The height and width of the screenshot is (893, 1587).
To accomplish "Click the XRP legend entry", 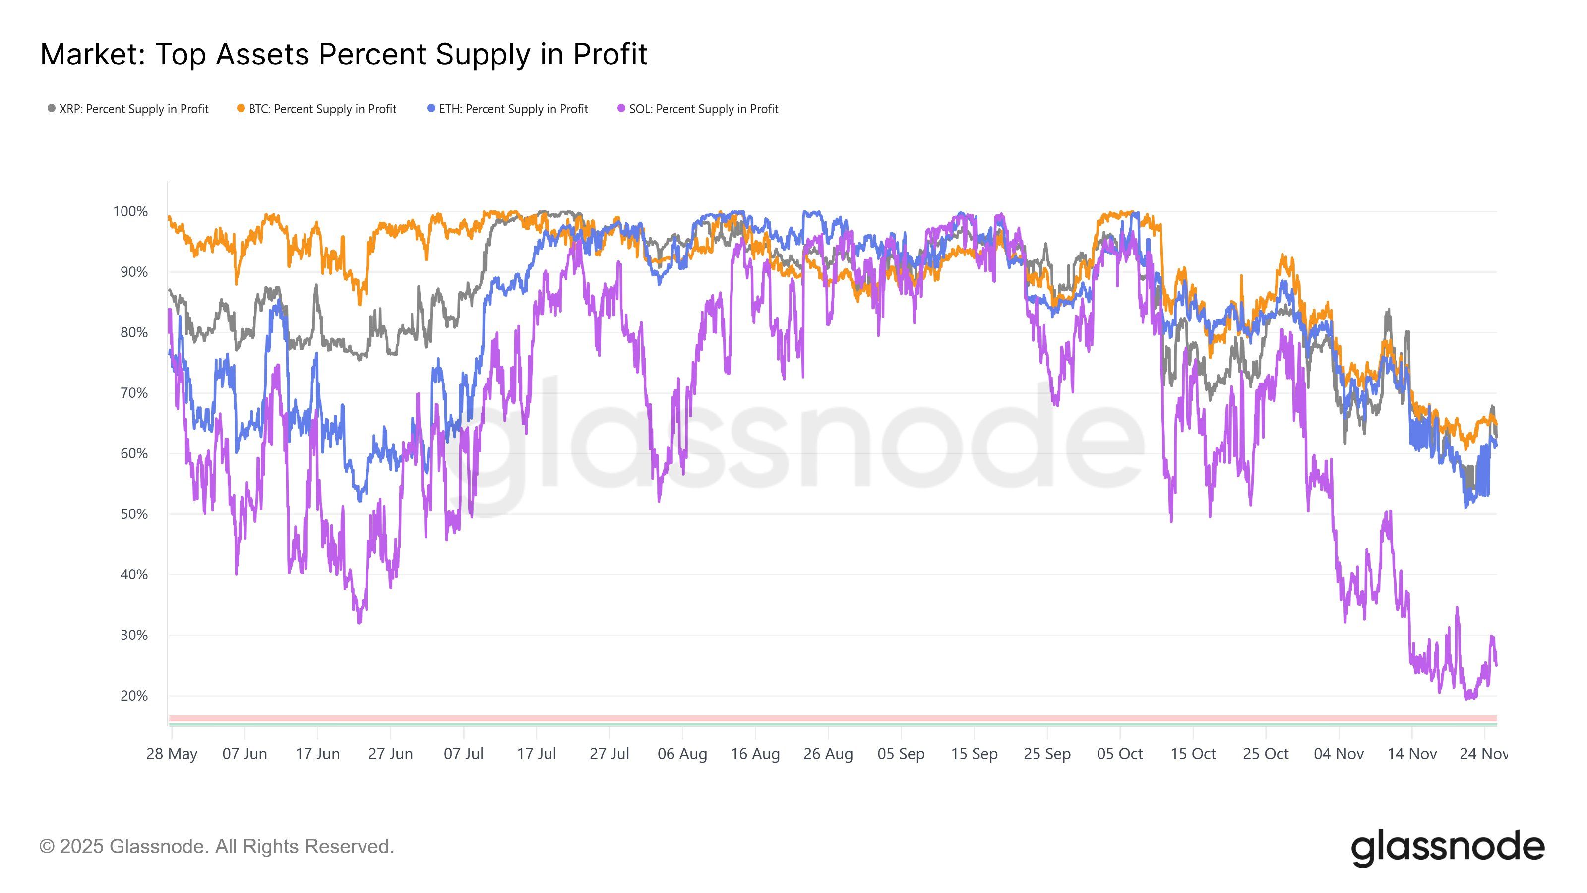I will [128, 109].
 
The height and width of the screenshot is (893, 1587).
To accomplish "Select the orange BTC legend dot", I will [241, 109].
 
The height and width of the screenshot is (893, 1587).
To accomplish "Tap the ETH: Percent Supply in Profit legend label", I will [513, 109].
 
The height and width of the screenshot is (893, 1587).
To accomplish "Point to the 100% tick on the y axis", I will [130, 211].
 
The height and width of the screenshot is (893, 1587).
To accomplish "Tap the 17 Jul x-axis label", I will [536, 754].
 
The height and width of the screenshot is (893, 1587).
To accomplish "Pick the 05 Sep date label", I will [901, 754].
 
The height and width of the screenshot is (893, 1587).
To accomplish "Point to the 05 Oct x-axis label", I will [1119, 754].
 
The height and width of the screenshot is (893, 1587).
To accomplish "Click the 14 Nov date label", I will [1411, 754].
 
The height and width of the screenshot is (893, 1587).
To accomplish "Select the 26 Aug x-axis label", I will [828, 754].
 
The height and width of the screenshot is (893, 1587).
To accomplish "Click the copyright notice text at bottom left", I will [216, 847].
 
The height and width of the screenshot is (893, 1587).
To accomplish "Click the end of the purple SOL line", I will [1496, 664].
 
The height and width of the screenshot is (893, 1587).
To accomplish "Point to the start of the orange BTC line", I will [170, 216].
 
